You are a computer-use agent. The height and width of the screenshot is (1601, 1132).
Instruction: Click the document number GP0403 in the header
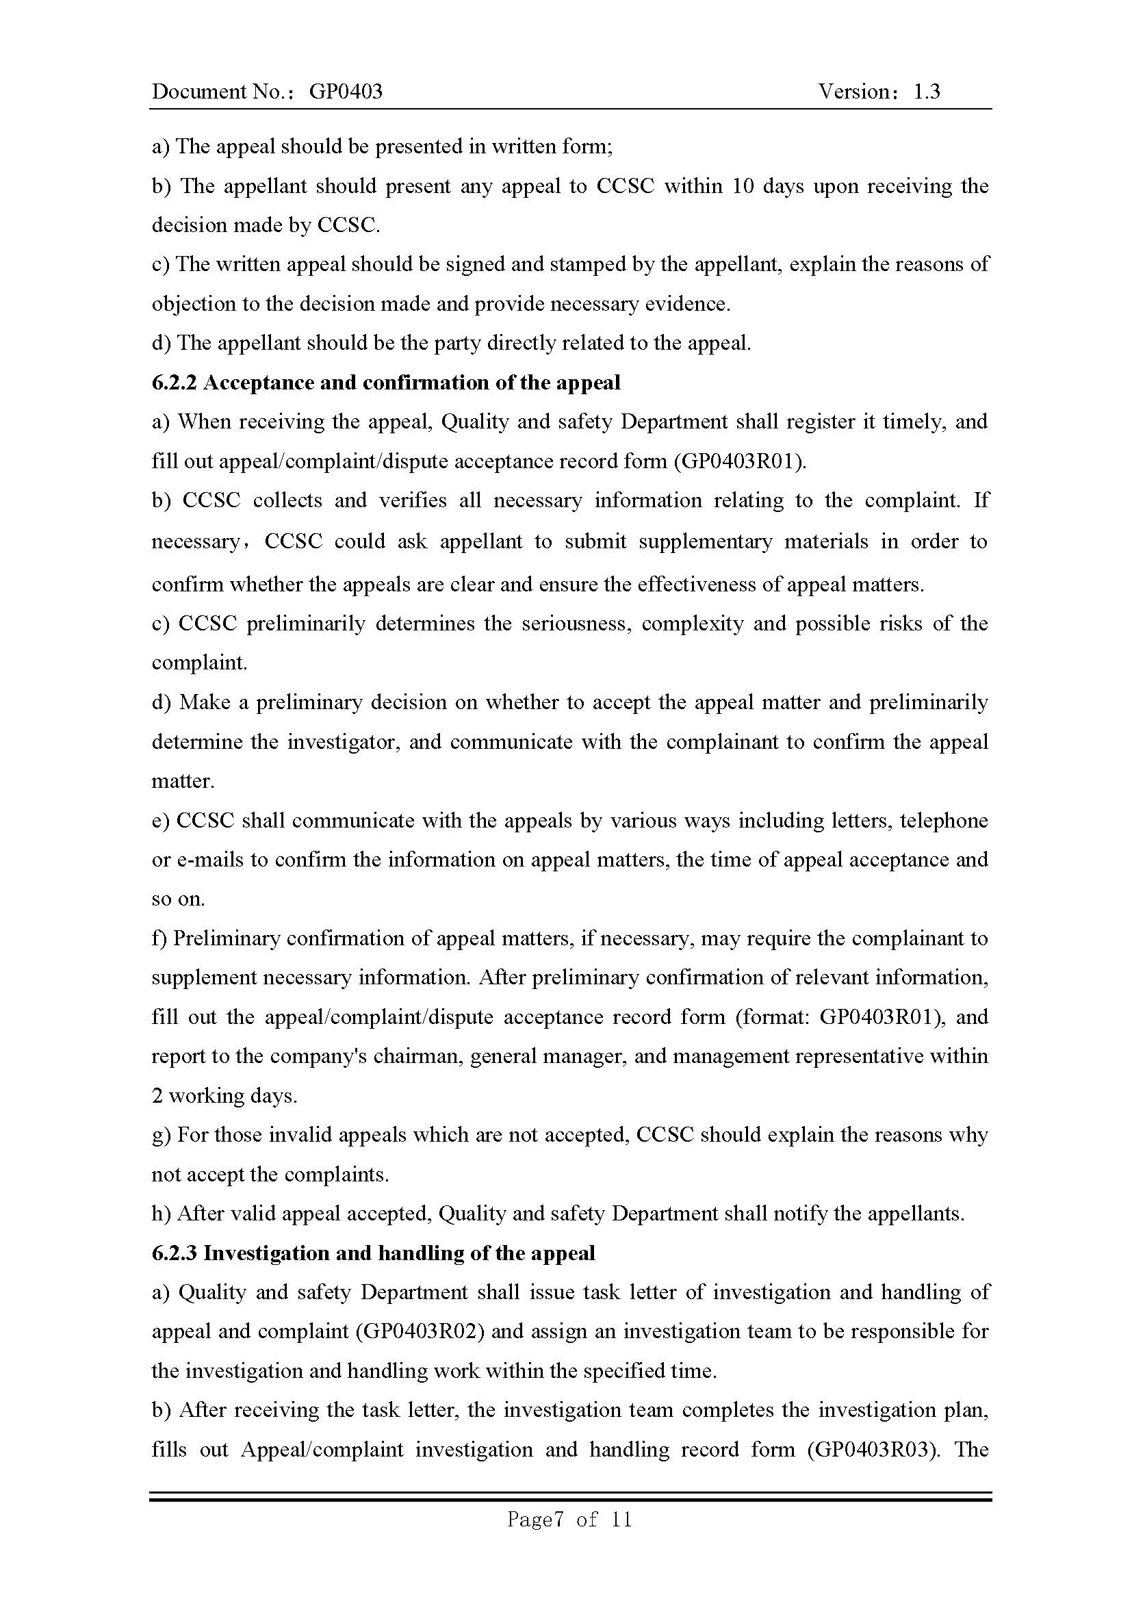(345, 91)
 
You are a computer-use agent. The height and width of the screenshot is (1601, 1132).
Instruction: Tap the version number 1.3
(927, 91)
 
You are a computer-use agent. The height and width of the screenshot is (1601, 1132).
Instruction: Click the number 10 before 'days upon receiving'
(744, 186)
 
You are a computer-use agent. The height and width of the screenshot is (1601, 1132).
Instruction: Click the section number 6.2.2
(175, 383)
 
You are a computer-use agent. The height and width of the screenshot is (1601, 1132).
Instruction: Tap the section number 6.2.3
(175, 1253)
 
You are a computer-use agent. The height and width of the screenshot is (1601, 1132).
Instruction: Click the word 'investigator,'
(343, 741)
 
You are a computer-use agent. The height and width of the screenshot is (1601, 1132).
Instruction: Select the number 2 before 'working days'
(157, 1096)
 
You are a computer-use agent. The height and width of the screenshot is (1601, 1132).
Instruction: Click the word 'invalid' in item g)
(300, 1135)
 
